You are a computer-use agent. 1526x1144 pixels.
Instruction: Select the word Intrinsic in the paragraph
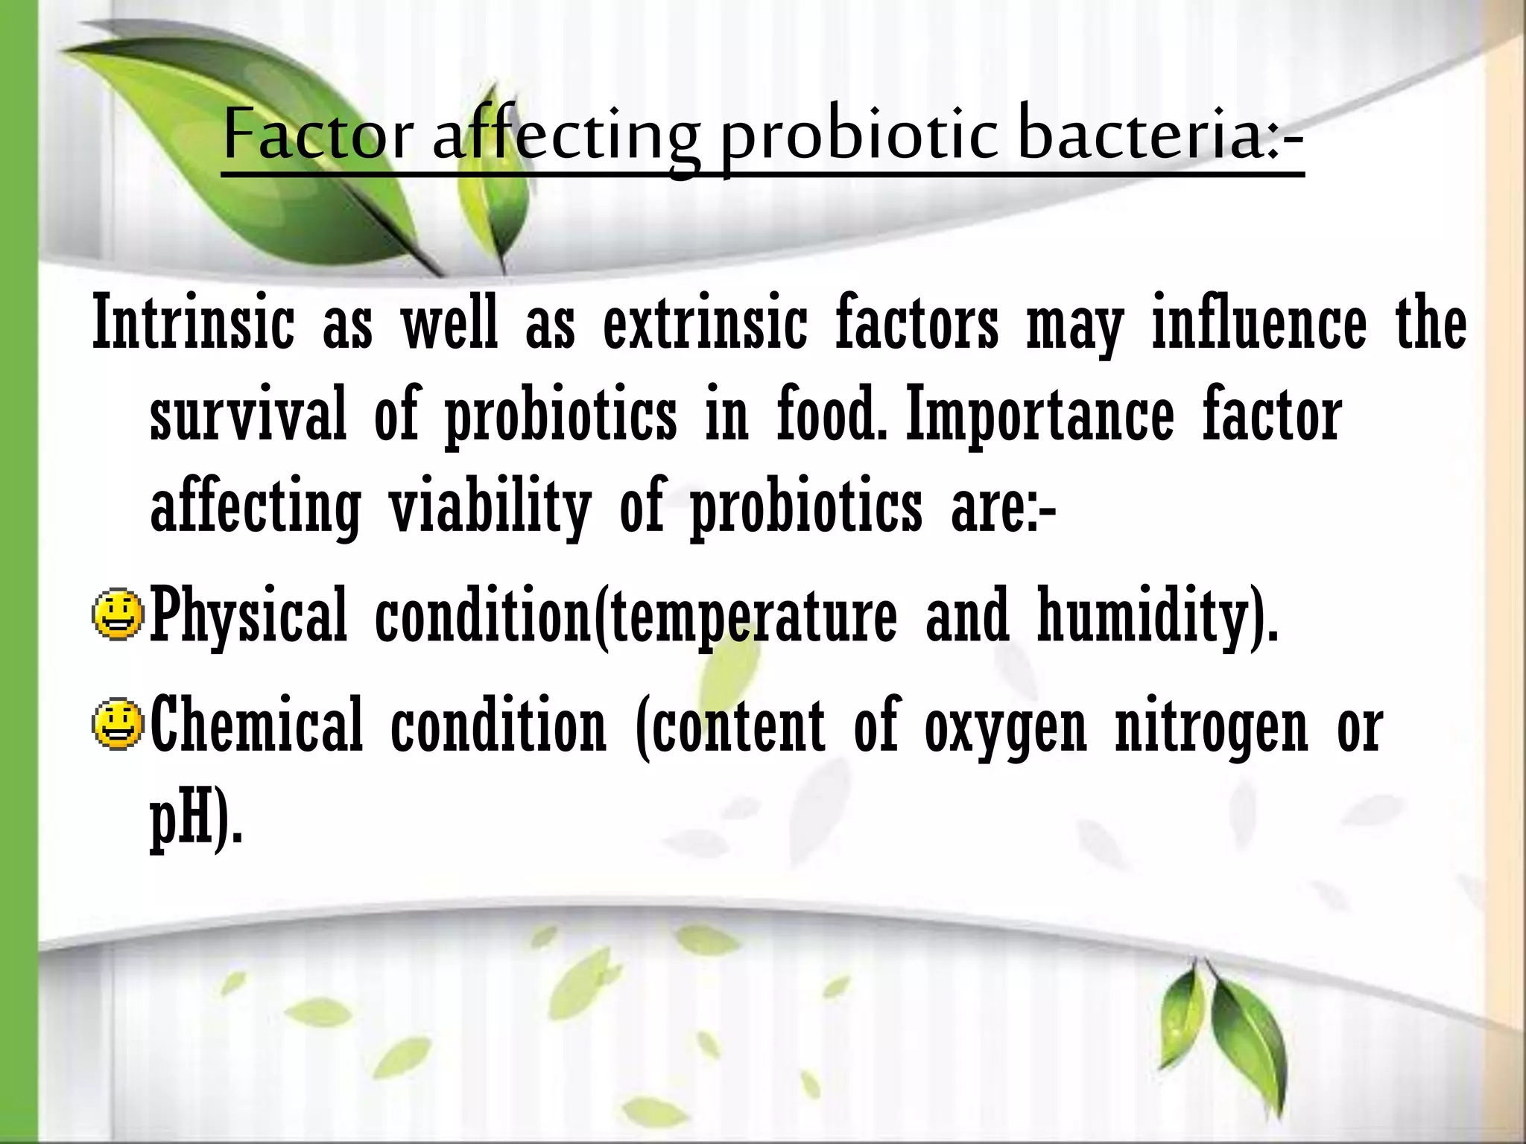(x=193, y=324)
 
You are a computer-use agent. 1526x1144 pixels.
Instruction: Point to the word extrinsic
(x=704, y=324)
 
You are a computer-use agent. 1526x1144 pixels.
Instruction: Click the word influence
(x=1259, y=324)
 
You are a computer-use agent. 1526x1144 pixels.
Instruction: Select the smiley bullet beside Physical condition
(x=118, y=616)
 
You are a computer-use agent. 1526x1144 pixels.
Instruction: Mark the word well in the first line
(x=449, y=324)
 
